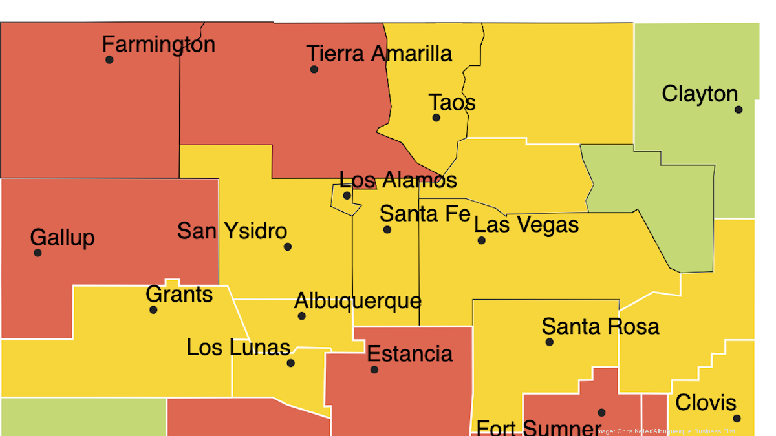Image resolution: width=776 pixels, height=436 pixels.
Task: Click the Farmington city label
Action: [x=158, y=45]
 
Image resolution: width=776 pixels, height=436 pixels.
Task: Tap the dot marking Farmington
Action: [x=109, y=59]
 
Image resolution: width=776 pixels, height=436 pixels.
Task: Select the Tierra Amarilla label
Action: [x=379, y=54]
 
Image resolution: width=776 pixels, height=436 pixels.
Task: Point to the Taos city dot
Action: [x=436, y=118]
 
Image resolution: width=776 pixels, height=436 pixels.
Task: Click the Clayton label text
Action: [x=700, y=94]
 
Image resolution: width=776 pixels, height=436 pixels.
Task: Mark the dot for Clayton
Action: [x=738, y=109]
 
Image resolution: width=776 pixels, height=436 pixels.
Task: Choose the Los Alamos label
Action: [x=398, y=180]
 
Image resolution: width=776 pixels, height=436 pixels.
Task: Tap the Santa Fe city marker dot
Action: [x=387, y=229]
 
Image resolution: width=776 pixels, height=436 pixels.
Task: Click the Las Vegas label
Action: [x=526, y=225]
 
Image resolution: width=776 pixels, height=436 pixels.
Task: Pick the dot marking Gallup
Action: [x=38, y=253]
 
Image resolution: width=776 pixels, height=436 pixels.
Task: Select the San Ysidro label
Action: [x=232, y=231]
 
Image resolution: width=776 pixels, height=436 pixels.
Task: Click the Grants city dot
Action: [x=153, y=310]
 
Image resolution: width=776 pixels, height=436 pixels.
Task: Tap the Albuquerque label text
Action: [x=358, y=301]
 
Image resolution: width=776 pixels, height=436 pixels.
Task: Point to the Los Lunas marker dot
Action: [x=290, y=363]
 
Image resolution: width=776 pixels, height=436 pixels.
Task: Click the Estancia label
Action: [x=410, y=354]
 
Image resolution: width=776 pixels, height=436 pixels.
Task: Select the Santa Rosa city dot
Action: [x=550, y=342]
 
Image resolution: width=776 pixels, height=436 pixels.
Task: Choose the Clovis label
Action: [x=706, y=403]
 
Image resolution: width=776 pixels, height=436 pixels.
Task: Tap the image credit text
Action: [x=665, y=431]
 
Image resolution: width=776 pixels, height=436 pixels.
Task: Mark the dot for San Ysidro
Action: [x=288, y=246]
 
